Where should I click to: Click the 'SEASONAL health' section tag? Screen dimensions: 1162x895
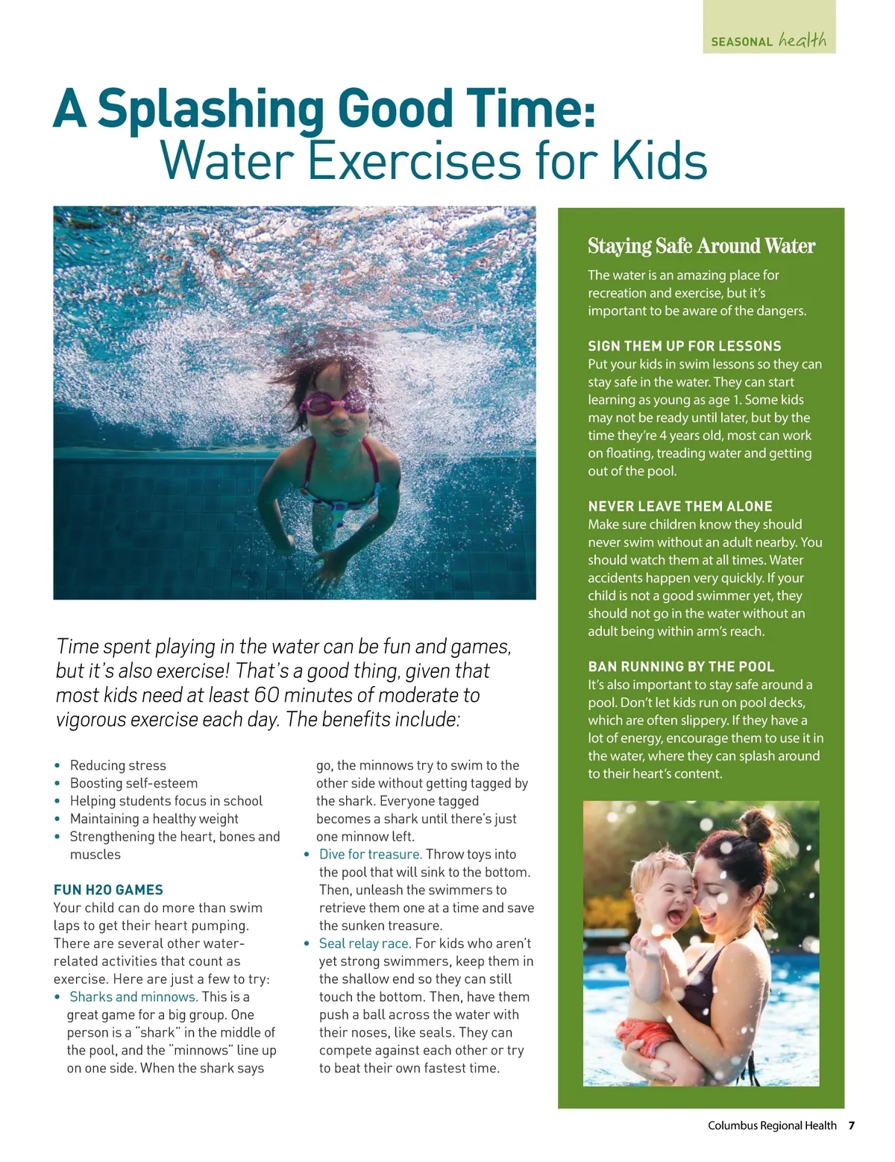click(769, 40)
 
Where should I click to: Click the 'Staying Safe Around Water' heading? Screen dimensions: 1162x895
click(701, 246)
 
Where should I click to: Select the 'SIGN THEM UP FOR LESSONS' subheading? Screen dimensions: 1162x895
click(684, 346)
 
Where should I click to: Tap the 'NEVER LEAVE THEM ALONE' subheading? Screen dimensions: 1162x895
click(679, 506)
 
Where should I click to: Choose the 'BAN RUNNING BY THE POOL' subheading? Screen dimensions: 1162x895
click(681, 667)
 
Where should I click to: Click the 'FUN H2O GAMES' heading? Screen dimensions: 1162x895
click(108, 890)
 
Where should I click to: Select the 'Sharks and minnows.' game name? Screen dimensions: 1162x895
click(134, 997)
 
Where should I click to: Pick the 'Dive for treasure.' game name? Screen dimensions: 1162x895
click(370, 855)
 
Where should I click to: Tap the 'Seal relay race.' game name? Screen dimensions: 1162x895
click(365, 943)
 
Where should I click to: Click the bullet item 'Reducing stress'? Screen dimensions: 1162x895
click(118, 765)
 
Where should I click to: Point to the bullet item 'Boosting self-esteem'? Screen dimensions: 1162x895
click(134, 783)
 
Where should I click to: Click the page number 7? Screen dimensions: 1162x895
click(851, 1125)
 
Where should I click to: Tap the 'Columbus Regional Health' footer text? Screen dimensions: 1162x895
click(771, 1125)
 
